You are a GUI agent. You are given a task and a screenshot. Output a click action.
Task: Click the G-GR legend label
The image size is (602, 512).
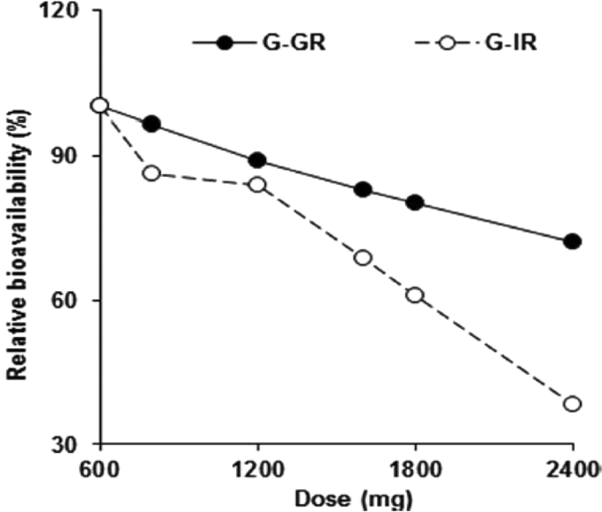click(295, 42)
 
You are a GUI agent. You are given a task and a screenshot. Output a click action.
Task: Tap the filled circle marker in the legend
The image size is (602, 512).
click(226, 42)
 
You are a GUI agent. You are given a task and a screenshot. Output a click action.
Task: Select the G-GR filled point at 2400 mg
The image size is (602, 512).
click(572, 242)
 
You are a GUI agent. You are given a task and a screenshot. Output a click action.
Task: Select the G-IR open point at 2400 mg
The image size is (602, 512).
click(572, 404)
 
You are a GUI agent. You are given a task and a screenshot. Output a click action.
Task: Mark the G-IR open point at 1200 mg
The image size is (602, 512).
click(257, 185)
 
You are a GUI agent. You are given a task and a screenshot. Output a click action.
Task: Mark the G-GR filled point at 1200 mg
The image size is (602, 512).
click(257, 160)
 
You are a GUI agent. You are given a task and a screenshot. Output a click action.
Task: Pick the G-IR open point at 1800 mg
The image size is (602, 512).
click(415, 296)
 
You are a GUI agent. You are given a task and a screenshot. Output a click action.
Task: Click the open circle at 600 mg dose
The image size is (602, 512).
click(99, 106)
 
